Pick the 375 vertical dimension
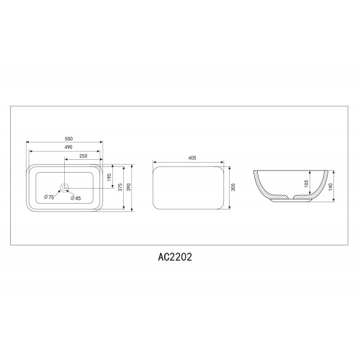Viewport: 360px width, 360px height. coord(120,187)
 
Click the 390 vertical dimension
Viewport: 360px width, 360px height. coord(129,187)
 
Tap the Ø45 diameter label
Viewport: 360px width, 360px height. coord(76,199)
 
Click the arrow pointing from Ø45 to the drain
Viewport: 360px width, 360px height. coord(69,194)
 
